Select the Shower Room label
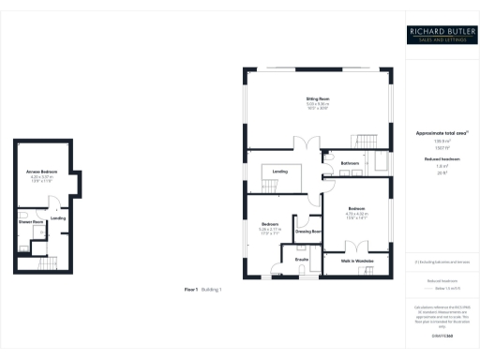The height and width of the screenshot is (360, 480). tap(31, 222)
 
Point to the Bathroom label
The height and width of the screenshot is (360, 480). tap(351, 163)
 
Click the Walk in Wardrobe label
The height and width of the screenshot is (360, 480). tap(357, 261)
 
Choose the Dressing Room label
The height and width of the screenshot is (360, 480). tap(310, 231)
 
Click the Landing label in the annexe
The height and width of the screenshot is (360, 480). tap(57, 218)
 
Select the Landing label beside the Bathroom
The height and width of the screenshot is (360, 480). tap(280, 172)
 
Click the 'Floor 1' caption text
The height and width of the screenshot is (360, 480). tap(192, 290)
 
